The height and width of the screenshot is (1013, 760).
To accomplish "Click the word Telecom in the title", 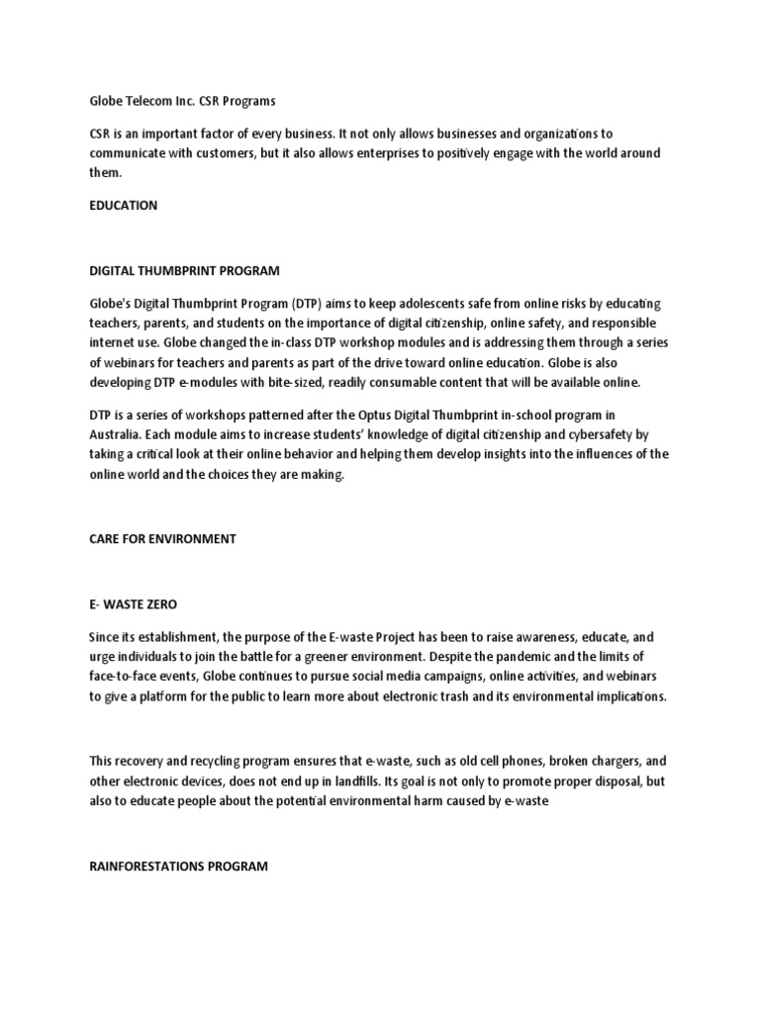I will [x=149, y=100].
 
